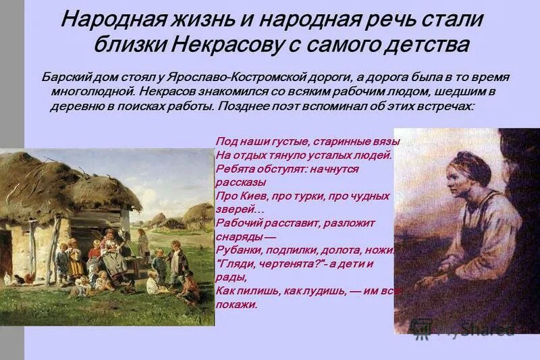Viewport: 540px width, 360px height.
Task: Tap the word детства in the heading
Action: click(x=421, y=45)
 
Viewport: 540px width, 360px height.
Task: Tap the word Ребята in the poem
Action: click(x=232, y=169)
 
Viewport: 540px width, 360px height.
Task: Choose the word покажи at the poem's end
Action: click(x=236, y=304)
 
